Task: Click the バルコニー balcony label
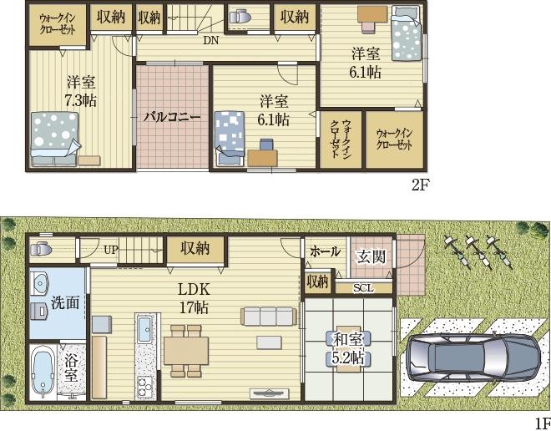pyautogui.click(x=171, y=117)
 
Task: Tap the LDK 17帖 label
pyautogui.click(x=194, y=298)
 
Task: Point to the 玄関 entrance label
pyautogui.click(x=371, y=257)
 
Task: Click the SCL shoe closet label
pyautogui.click(x=363, y=288)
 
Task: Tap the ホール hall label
pyautogui.click(x=325, y=251)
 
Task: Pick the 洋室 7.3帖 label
pyautogui.click(x=81, y=91)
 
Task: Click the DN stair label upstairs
pyautogui.click(x=210, y=40)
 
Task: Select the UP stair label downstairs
pyautogui.click(x=110, y=250)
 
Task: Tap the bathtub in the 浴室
pyautogui.click(x=43, y=372)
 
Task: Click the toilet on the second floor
pyautogui.click(x=240, y=16)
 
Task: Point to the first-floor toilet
pyautogui.click(x=41, y=249)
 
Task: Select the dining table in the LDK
pyautogui.click(x=186, y=351)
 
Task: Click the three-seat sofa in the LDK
pyautogui.click(x=267, y=316)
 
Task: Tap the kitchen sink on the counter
pyautogui.click(x=144, y=329)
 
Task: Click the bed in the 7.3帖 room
pyautogui.click(x=54, y=139)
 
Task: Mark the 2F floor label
pyautogui.click(x=421, y=185)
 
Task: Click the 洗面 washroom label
pyautogui.click(x=65, y=302)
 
